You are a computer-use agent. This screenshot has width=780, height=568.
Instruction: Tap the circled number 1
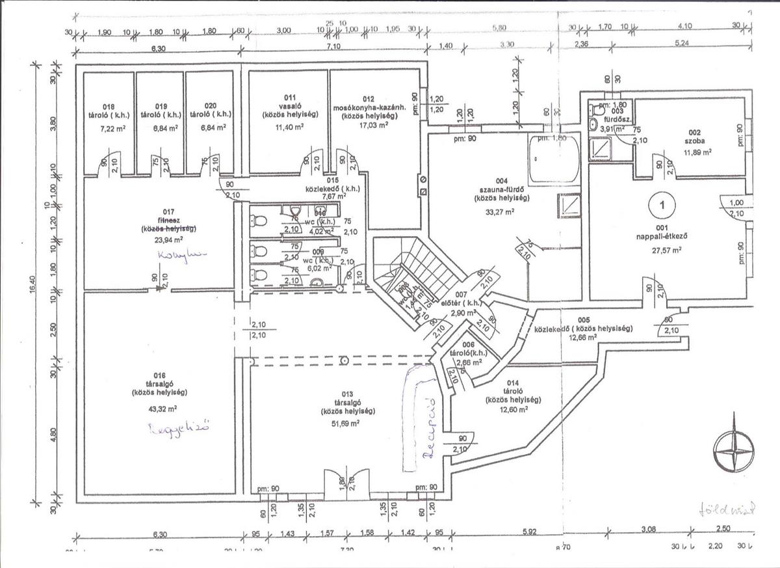(x=662, y=204)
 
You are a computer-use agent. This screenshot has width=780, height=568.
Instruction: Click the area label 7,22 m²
(x=109, y=129)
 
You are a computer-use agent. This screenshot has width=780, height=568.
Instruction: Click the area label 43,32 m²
(x=159, y=409)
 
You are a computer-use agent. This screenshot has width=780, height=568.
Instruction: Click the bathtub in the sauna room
(x=552, y=160)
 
